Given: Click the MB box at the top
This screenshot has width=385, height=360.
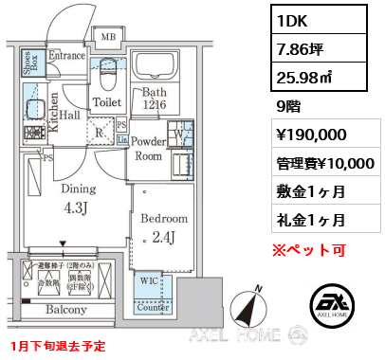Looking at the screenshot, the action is pyautogui.click(x=108, y=37).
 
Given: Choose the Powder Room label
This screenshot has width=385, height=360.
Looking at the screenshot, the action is pyautogui.click(x=149, y=149).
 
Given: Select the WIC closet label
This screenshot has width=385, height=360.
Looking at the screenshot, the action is pyautogui.click(x=148, y=279).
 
